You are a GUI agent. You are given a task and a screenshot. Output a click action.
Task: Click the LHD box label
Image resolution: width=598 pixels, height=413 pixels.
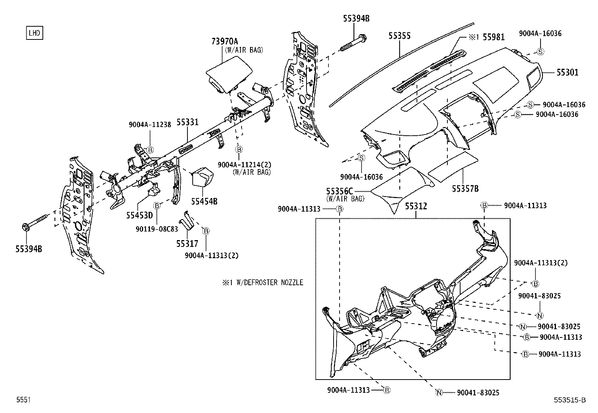(x=34, y=33)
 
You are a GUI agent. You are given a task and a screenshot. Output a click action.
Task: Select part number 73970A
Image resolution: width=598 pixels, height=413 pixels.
(x=225, y=41)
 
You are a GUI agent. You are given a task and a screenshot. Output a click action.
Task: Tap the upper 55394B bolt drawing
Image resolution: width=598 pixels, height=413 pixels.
(x=353, y=43)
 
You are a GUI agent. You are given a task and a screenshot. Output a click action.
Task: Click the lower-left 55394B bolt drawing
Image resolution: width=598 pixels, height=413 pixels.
(x=36, y=222)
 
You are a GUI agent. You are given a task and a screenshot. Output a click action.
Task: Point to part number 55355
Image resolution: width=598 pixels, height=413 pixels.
(x=399, y=36)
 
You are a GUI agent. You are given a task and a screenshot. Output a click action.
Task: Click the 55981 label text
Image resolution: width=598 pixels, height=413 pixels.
(x=494, y=37)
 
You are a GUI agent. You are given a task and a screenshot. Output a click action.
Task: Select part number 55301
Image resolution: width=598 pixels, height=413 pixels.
(x=567, y=73)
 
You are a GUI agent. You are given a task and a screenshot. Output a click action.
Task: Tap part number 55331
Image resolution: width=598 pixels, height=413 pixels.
(x=187, y=122)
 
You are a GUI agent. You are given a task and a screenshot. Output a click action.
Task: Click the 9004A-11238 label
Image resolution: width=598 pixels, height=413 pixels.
(x=150, y=125)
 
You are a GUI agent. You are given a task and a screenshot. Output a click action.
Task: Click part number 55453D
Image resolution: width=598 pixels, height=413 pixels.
(x=139, y=215)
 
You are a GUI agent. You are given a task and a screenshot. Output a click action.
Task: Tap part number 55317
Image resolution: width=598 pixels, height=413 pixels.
(x=187, y=244)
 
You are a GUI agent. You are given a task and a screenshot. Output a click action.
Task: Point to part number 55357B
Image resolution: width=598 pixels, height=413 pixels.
(x=465, y=189)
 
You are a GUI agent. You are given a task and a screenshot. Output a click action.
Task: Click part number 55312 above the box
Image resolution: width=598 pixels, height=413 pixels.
(x=416, y=206)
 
